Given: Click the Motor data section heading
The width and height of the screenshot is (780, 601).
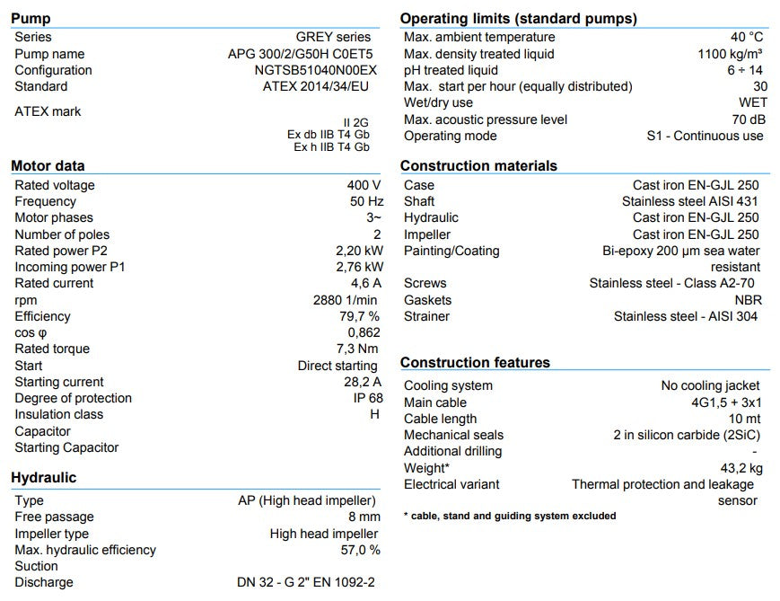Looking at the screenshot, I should click(48, 165).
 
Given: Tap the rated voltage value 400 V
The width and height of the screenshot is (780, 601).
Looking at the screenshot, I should click(364, 185).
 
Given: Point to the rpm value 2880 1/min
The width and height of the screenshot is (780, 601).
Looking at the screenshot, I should click(346, 300).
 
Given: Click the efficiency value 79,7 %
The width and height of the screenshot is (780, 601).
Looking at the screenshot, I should click(359, 316).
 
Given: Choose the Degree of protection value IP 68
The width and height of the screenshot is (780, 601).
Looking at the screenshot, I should click(368, 398).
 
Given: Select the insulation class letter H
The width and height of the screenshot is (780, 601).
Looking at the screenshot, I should click(375, 414).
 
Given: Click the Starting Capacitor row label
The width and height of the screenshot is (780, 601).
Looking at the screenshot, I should click(66, 447).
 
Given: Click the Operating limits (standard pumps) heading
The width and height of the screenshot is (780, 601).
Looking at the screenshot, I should click(519, 18).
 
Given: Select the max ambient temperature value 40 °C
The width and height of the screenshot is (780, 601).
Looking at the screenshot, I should click(747, 37).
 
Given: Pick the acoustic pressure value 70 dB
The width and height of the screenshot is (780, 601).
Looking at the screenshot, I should click(749, 119).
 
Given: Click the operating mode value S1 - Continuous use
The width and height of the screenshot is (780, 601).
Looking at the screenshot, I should click(705, 136).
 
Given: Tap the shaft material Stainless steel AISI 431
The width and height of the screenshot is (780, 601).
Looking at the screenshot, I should click(690, 201).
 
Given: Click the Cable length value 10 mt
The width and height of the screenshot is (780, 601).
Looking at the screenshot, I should click(746, 419).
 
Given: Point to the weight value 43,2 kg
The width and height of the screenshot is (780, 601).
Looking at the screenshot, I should click(742, 468).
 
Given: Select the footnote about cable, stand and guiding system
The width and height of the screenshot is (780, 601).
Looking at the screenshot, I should click(510, 516).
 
